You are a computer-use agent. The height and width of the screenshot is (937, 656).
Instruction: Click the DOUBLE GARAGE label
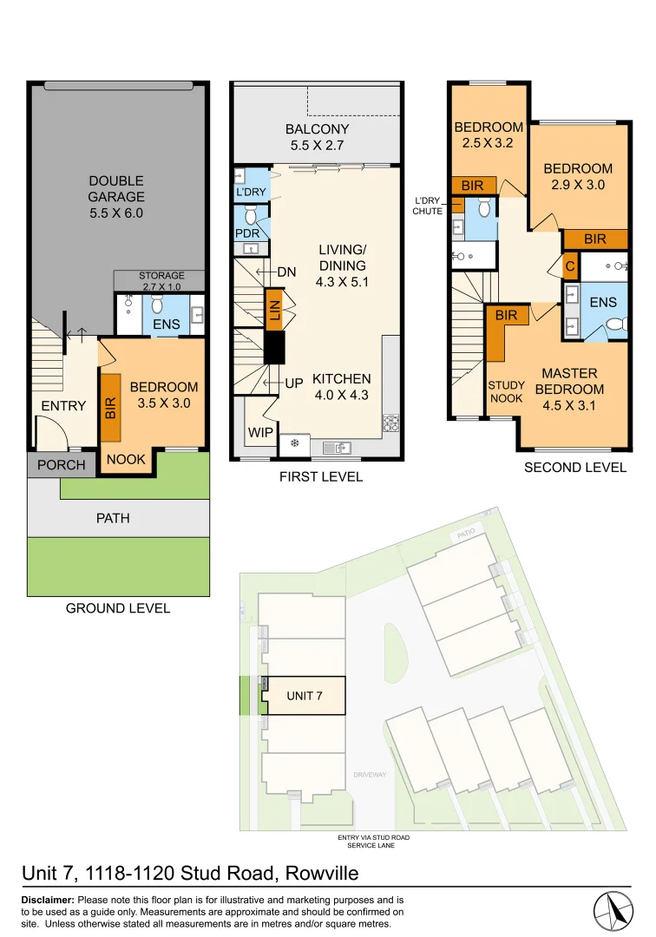coord(116,196)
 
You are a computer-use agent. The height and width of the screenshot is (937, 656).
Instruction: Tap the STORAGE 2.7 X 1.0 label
coord(161,281)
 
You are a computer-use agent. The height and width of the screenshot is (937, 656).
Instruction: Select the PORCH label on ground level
coord(62,464)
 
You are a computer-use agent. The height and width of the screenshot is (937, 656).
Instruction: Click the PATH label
coord(113,518)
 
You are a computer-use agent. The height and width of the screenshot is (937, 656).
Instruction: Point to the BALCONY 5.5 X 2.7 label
coord(317,137)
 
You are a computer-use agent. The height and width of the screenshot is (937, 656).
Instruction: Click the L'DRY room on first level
coord(251,192)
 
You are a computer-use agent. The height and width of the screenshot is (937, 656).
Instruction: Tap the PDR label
coord(247,233)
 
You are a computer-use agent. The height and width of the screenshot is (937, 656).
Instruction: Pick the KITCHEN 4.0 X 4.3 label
coord(341,387)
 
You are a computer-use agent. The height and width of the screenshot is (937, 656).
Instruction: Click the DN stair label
coord(286,272)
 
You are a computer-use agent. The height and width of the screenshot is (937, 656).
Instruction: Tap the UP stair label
coord(293,383)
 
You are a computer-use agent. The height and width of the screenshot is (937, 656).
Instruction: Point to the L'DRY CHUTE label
coord(428,205)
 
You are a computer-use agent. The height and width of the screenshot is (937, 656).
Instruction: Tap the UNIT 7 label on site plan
coord(305,696)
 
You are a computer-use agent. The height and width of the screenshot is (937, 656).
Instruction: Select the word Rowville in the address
coord(317,873)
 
